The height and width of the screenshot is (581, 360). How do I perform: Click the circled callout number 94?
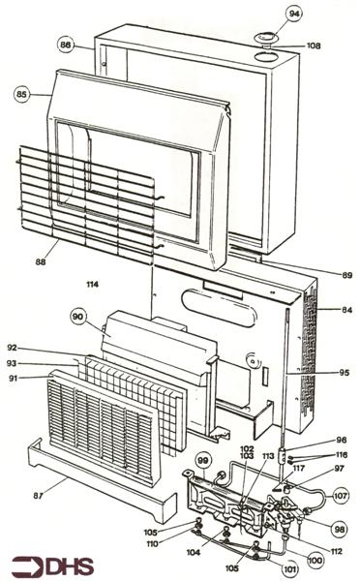294,15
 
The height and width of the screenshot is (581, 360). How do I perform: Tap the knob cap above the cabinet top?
267,39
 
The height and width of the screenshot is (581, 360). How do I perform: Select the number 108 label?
313,46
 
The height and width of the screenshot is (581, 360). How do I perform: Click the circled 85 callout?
22,95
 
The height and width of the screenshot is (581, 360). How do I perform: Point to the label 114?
93,284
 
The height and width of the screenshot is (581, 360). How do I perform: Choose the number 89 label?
346,275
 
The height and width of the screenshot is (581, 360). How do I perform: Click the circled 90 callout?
78,318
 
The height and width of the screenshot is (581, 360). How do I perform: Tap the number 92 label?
13,348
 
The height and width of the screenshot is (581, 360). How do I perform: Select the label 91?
14,379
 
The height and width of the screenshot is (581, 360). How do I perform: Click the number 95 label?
345,373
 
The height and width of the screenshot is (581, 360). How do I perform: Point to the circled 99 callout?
203,461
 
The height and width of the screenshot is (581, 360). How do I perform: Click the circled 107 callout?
341,496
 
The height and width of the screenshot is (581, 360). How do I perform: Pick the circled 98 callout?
340,529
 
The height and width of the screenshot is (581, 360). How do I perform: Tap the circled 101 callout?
289,568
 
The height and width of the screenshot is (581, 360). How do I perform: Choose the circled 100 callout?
315,561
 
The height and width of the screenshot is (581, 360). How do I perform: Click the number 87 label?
38,495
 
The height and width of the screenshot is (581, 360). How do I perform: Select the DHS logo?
52,566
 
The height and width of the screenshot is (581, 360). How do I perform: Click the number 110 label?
152,543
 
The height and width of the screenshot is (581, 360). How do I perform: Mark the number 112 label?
337,552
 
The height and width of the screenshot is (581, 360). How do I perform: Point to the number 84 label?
346,310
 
